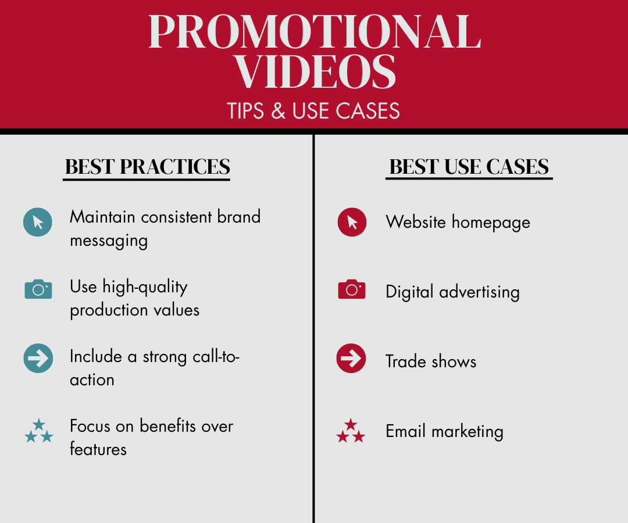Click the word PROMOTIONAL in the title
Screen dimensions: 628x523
tap(315, 31)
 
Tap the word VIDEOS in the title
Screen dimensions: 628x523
tap(315, 71)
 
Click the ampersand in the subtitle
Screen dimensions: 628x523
tap(279, 111)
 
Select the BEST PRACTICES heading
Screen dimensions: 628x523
tap(147, 167)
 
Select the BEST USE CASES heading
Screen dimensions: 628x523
tap(469, 167)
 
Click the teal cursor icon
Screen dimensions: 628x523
tap(38, 222)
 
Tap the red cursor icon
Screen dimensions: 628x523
tap(352, 222)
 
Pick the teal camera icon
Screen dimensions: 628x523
tap(38, 289)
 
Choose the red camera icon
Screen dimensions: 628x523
tap(352, 289)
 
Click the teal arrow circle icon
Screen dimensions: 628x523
tap(38, 358)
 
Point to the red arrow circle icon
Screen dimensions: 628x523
tap(351, 358)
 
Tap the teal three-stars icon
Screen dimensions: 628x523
tap(39, 431)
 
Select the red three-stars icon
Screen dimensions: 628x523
tap(351, 431)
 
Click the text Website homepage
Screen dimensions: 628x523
tap(458, 222)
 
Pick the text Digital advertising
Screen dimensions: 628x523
tap(452, 292)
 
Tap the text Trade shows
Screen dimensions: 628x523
tap(431, 361)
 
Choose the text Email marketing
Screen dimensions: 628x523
tap(445, 431)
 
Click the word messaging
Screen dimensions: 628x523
tap(109, 241)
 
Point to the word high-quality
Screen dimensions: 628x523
tap(145, 287)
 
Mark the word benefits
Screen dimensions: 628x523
tap(168, 426)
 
